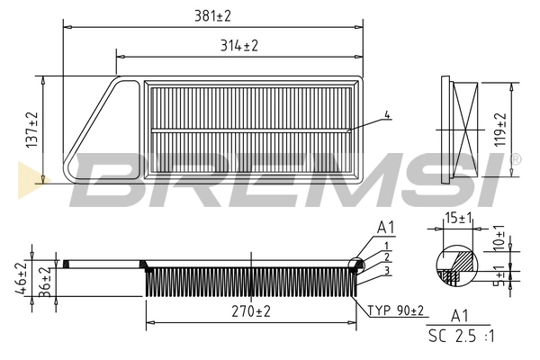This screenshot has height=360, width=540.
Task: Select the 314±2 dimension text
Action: [239, 45]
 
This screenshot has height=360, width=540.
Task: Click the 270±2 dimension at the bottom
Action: [251, 311]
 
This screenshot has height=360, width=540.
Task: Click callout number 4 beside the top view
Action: [387, 114]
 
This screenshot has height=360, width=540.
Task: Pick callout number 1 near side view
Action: [386, 246]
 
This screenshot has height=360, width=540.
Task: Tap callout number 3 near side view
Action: [386, 270]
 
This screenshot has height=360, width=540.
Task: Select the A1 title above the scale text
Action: [461, 316]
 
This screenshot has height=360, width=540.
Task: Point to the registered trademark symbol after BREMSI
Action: [515, 159]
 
